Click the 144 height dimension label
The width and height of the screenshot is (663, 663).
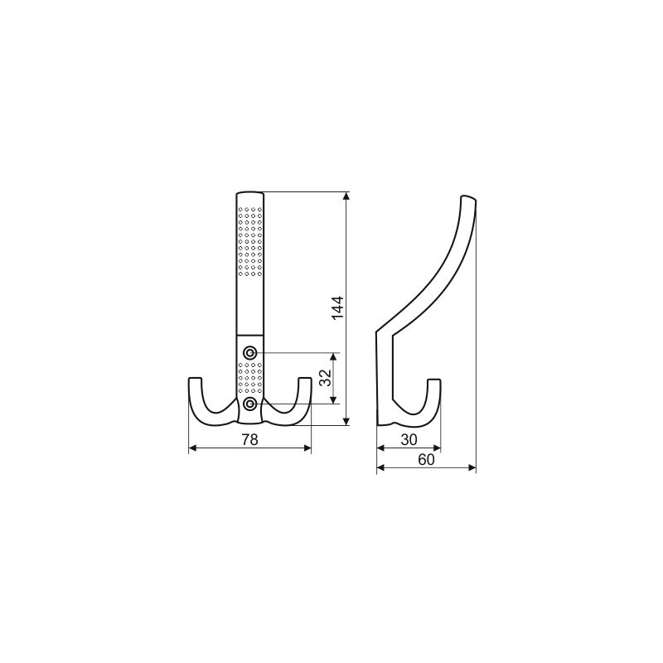[337, 307]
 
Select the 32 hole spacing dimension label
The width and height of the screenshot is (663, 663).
[325, 378]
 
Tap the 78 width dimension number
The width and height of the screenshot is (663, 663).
[249, 440]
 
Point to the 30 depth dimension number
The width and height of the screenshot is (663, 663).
[409, 440]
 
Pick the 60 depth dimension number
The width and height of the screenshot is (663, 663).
[426, 460]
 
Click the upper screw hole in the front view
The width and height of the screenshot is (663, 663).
[250, 352]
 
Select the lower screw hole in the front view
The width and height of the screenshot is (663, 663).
[250, 404]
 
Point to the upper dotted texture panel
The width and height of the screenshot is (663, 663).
[250, 241]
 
